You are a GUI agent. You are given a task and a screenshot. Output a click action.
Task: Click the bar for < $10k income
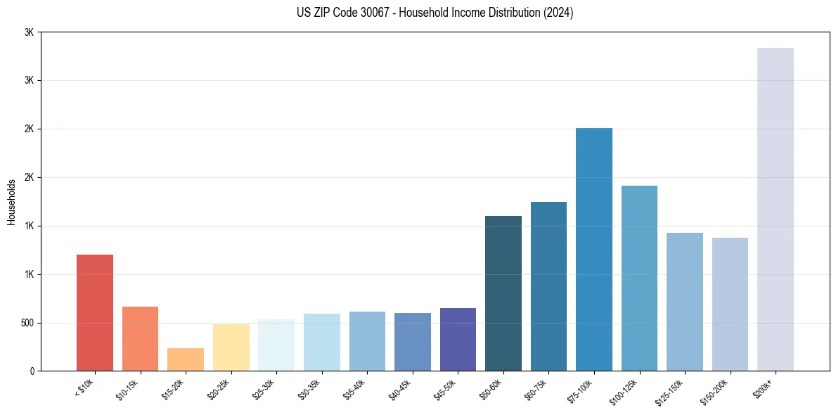[95, 312]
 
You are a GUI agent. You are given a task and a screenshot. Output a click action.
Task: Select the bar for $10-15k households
[140, 338]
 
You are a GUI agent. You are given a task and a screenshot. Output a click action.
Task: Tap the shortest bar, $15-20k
[186, 359]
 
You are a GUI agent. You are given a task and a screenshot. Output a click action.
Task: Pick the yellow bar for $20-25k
[231, 347]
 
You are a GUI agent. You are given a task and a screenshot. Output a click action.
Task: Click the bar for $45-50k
[458, 339]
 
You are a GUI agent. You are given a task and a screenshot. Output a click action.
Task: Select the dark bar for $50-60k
[503, 293]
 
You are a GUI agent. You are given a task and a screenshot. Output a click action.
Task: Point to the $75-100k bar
[594, 249]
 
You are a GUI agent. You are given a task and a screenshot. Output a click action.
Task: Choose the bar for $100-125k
[639, 278]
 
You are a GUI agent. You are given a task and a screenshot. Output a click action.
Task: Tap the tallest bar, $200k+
[776, 209]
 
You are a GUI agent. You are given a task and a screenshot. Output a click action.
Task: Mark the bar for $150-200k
[730, 304]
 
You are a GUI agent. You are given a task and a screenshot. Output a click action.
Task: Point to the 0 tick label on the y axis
[32, 371]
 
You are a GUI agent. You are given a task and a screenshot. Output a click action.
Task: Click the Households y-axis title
[11, 202]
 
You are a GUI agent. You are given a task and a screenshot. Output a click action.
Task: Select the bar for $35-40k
[367, 341]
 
